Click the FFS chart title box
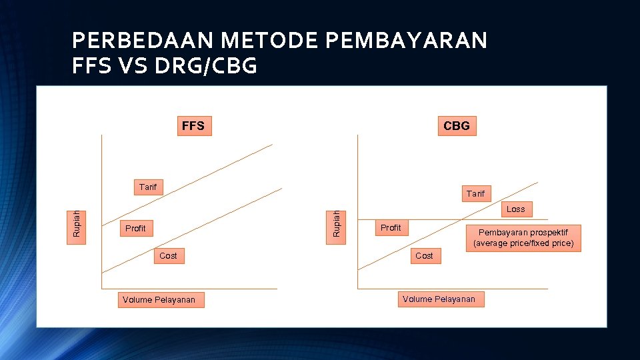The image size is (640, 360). click(193, 125)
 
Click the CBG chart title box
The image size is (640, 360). click(457, 125)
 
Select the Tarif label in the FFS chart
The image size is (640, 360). click(148, 187)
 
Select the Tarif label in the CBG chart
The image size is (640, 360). click(475, 193)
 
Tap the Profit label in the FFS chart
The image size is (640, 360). click(135, 229)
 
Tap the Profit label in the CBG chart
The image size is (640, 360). click(391, 228)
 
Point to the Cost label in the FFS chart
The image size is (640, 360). click(168, 256)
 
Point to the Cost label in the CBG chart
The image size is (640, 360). click(424, 256)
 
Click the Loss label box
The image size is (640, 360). click(515, 209)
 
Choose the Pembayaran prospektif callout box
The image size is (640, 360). click(523, 238)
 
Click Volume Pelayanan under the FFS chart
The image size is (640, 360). click(159, 300)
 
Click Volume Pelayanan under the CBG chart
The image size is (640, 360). click(439, 299)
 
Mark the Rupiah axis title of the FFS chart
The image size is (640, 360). click(77, 223)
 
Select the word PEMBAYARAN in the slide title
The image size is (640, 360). click(406, 41)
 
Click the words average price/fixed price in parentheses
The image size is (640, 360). click(523, 243)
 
